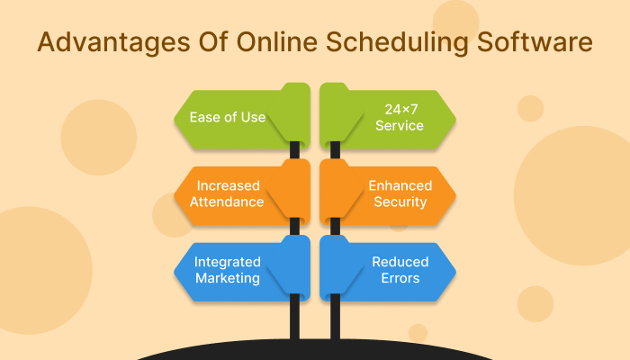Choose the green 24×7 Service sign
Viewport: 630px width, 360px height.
click(x=391, y=117)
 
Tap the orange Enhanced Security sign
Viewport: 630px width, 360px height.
click(x=391, y=193)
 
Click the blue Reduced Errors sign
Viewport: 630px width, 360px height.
click(x=391, y=270)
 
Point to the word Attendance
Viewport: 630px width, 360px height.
click(x=227, y=202)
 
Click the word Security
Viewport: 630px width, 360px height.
click(x=400, y=202)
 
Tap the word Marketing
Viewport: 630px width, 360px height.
click(x=227, y=278)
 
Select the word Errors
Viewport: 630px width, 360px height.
click(x=400, y=278)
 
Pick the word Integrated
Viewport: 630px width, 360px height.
click(x=227, y=262)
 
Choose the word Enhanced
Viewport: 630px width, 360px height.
click(x=400, y=185)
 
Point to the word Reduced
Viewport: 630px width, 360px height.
click(x=400, y=262)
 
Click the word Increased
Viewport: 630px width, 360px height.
click(x=227, y=185)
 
